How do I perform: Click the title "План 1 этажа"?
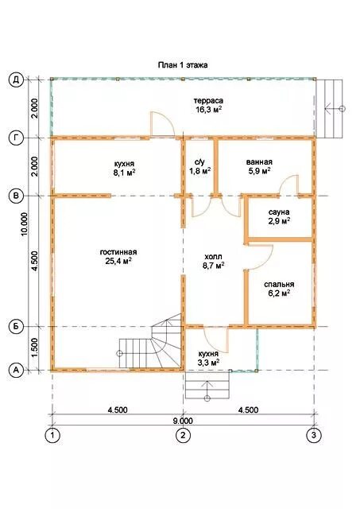183,65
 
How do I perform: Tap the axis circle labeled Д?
16,80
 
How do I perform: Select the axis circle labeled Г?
16,138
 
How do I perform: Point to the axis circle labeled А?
16,370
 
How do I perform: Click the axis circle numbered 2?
184,435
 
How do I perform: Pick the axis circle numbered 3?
314,435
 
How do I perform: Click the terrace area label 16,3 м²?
208,110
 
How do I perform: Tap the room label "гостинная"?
118,252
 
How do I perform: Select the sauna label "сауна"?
279,212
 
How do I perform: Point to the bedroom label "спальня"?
279,285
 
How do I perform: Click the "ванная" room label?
259,162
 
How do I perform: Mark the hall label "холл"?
214,257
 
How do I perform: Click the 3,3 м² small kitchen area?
208,363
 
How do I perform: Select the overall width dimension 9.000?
183,421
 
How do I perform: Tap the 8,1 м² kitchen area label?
124,173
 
